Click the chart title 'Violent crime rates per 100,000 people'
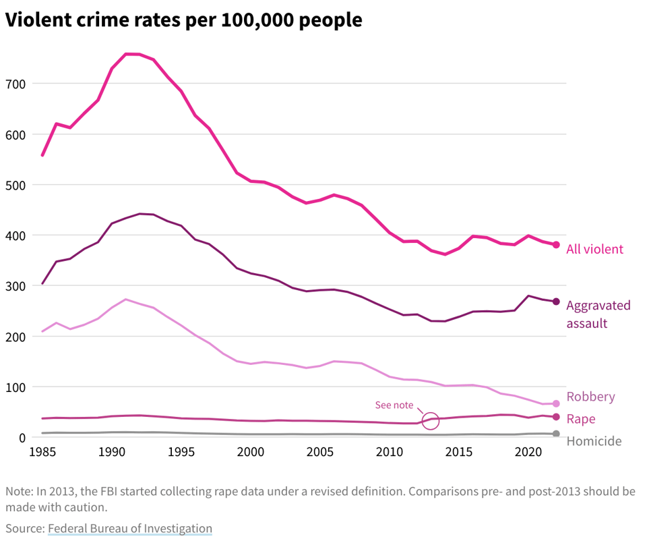click(x=183, y=20)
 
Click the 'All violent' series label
click(x=594, y=249)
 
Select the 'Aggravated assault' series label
click(x=598, y=314)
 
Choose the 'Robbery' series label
click(x=590, y=397)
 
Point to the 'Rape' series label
click(x=580, y=419)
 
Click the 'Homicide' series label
click(x=594, y=441)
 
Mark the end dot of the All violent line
click(x=556, y=245)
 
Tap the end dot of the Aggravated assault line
click(x=556, y=302)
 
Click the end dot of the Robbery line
click(x=556, y=403)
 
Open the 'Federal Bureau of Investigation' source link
click(x=129, y=528)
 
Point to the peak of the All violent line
click(x=133, y=54)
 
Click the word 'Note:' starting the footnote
click(x=20, y=491)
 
